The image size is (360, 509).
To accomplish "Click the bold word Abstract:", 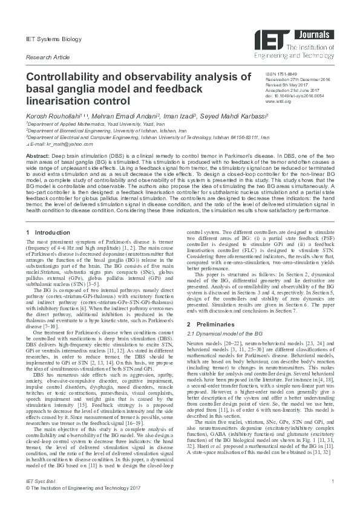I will click(x=38, y=155).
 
